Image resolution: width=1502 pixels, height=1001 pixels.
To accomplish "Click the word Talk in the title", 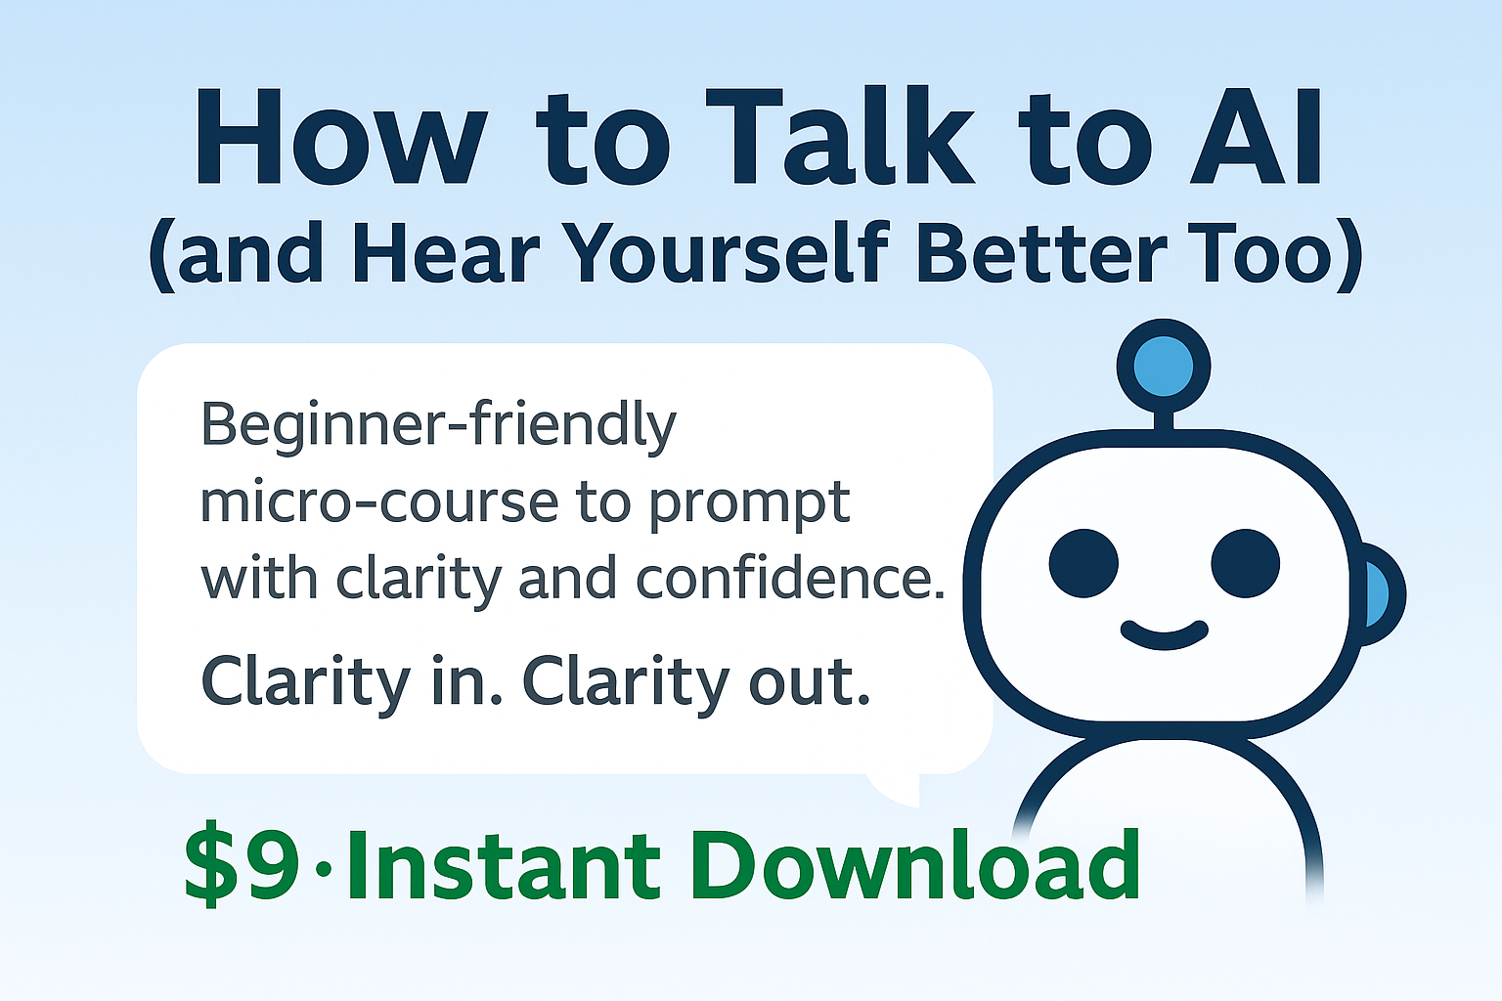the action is click(847, 137).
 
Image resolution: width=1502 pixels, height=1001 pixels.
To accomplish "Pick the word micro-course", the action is click(379, 502).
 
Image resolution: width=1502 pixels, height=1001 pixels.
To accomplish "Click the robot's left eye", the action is click(1083, 563).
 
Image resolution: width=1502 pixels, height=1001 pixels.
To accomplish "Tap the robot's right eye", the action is click(1245, 563).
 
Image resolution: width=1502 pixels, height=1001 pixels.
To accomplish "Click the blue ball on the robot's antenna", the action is click(1164, 367).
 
